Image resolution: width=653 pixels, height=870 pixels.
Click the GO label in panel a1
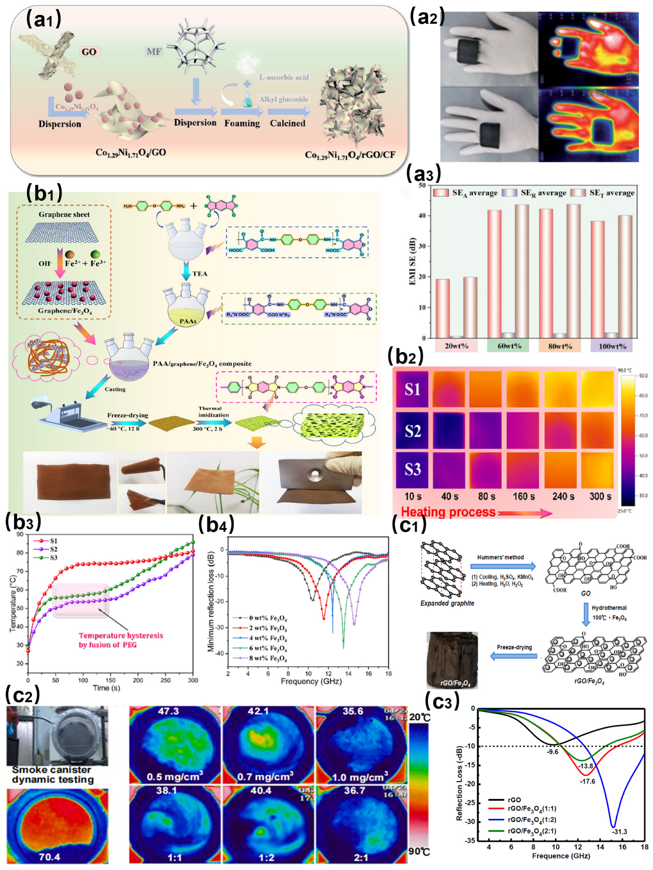point(89,52)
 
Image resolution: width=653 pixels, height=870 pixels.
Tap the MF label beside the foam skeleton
point(154,52)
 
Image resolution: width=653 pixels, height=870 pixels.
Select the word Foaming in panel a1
point(242,123)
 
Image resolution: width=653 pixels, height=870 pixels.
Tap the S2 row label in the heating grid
point(412,431)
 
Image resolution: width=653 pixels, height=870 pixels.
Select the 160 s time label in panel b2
point(523,496)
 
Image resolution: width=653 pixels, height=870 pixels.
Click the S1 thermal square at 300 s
point(597,389)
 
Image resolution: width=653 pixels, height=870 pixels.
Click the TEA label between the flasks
point(199,274)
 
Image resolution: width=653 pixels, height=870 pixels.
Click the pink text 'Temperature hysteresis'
point(121,635)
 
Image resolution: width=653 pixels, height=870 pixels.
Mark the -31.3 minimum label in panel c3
point(619,831)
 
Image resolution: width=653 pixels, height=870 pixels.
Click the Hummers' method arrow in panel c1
point(503,566)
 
